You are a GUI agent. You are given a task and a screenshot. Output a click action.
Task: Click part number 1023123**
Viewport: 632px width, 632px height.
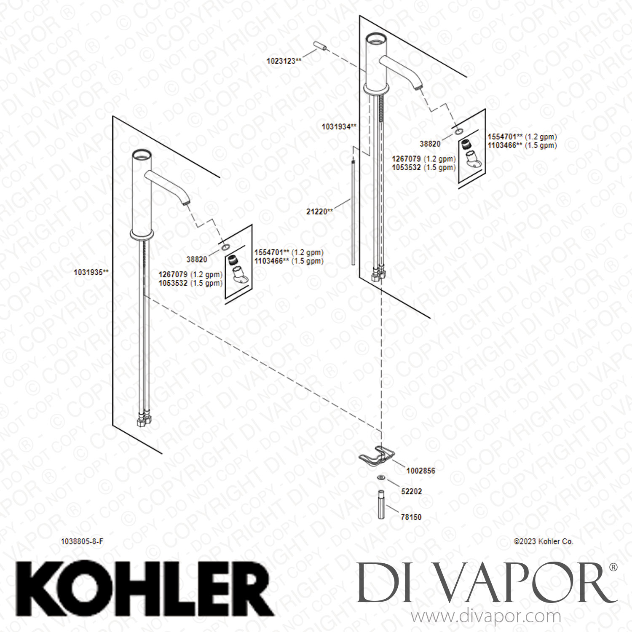pos(284,61)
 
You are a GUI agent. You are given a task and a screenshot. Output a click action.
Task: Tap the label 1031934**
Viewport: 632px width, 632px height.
pos(339,126)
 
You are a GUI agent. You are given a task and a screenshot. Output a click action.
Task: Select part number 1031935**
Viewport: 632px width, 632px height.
pos(91,272)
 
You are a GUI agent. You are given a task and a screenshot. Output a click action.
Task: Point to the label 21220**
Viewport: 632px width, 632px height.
pos(319,212)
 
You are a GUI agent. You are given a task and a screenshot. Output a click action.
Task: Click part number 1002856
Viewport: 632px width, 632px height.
pos(420,471)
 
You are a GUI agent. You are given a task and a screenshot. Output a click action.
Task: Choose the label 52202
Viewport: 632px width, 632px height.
pos(411,491)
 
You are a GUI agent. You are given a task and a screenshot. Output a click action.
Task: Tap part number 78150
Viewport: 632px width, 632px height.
pos(411,517)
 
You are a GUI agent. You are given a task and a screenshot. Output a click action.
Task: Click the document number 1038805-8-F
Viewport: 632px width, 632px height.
pos(82,542)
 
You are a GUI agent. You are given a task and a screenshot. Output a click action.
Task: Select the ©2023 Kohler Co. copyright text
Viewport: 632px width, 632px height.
pos(544,541)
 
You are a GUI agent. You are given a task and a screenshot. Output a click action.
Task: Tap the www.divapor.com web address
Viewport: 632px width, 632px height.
pos(486,617)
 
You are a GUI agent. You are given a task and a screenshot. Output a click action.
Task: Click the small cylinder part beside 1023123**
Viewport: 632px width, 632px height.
pos(320,46)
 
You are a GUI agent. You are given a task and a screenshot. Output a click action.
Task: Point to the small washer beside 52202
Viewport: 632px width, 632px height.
pos(381,478)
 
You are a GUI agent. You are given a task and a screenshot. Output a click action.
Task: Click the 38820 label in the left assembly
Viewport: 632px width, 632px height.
pos(197,260)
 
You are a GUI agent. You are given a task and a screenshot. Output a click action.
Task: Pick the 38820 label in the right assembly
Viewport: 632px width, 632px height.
pos(430,144)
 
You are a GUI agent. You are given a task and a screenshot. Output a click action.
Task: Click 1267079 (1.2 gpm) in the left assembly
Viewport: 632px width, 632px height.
pos(190,274)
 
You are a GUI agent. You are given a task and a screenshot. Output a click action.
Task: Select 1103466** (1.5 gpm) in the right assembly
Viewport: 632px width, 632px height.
pos(522,145)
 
